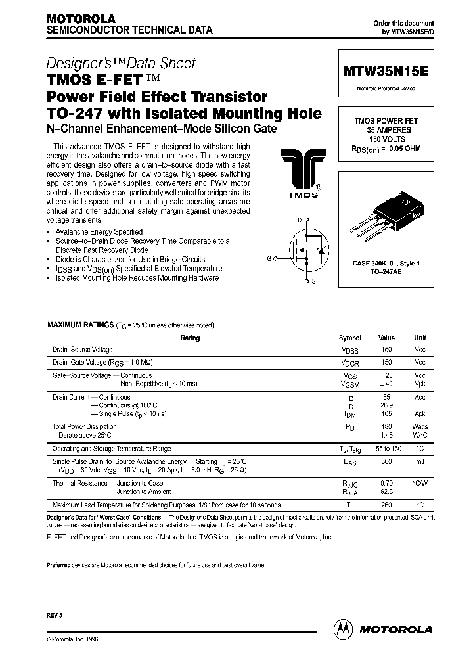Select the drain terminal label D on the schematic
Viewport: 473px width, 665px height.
tap(299, 219)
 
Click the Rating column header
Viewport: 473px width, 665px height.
tap(190, 338)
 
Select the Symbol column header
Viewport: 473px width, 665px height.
tap(350, 338)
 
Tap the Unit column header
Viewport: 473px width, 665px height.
tap(419, 338)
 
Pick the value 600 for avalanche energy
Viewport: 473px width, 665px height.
tap(386, 462)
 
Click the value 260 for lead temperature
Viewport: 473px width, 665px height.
tap(386, 505)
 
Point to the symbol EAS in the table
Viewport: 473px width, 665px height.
tap(350, 463)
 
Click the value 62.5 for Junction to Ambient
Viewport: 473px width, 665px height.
tap(386, 492)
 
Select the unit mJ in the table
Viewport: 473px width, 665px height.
tap(419, 462)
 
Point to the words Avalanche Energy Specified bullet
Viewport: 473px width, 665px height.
tap(98, 232)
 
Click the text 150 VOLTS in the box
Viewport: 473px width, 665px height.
tap(386, 140)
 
